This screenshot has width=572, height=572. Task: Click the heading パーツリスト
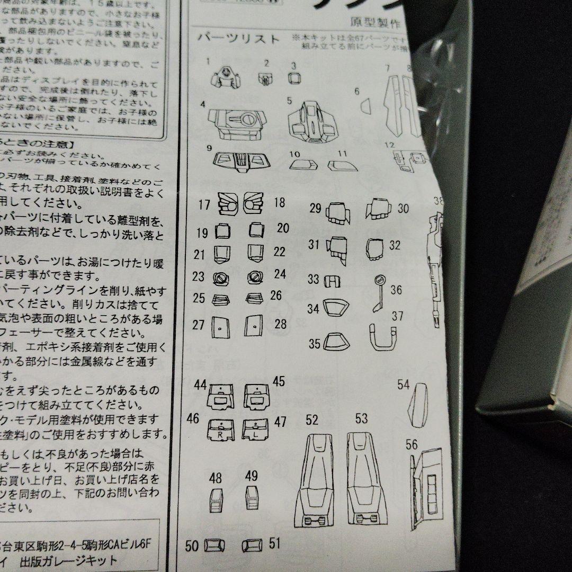pyautogui.click(x=238, y=39)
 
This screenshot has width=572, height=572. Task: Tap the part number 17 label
pyautogui.click(x=204, y=204)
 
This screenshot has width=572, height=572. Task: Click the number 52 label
pyautogui.click(x=312, y=420)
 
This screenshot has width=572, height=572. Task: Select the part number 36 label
pyautogui.click(x=396, y=290)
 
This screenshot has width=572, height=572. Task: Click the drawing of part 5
pyautogui.click(x=313, y=122)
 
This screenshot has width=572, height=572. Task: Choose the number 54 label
pyautogui.click(x=404, y=385)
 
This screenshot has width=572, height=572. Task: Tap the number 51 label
pyautogui.click(x=274, y=543)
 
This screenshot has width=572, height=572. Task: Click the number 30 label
pyautogui.click(x=403, y=208)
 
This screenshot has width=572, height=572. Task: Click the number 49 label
pyautogui.click(x=252, y=476)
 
